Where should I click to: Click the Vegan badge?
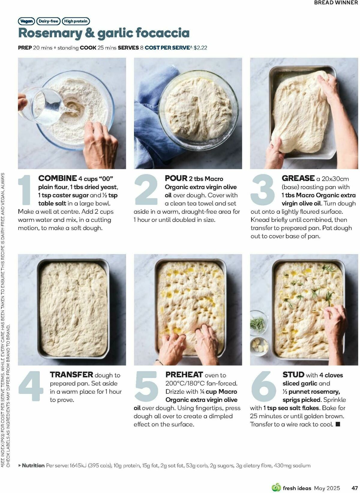point(26,21)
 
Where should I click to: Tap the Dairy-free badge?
point(48,21)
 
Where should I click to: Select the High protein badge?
point(76,21)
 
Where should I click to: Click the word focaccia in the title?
point(163,33)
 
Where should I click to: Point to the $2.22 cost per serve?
point(200,48)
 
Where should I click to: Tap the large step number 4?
point(31,386)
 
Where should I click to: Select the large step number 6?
point(263,386)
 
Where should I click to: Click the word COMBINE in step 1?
point(57,178)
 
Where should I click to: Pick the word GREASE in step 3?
point(298,178)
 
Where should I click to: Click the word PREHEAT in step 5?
point(184,374)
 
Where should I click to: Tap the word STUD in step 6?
point(293,374)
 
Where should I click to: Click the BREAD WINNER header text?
point(336,3)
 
